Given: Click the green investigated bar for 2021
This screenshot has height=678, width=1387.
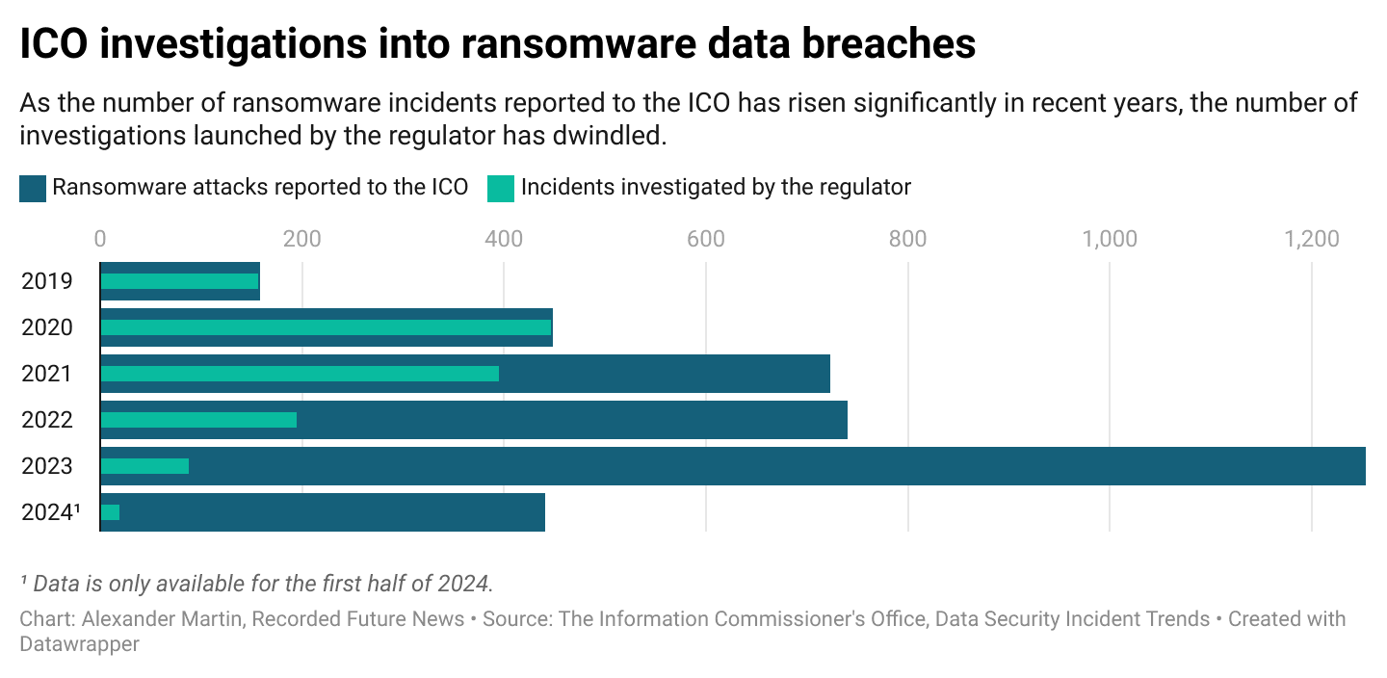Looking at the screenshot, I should click(x=300, y=374).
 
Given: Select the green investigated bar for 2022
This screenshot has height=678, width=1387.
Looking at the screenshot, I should click(x=198, y=420).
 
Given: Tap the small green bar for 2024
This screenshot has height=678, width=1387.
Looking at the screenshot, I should click(x=110, y=512).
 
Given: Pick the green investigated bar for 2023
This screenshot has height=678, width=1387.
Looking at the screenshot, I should click(x=144, y=466).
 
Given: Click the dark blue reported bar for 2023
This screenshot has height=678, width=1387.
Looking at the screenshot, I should click(x=771, y=466).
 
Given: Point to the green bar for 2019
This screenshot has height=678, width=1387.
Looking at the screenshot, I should click(x=179, y=281).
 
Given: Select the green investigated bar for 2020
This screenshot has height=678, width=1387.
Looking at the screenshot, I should click(x=326, y=327).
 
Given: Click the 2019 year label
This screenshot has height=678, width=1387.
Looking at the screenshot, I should click(x=47, y=281).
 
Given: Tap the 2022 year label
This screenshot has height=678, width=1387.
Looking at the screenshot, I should click(x=47, y=420).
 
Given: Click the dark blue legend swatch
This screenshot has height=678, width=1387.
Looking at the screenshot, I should click(x=33, y=188).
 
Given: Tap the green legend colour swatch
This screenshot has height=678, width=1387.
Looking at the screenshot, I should click(x=501, y=188).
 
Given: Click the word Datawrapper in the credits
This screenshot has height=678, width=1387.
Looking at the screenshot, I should click(x=79, y=643).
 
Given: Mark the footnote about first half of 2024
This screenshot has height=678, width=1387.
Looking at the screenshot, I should click(x=257, y=583).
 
